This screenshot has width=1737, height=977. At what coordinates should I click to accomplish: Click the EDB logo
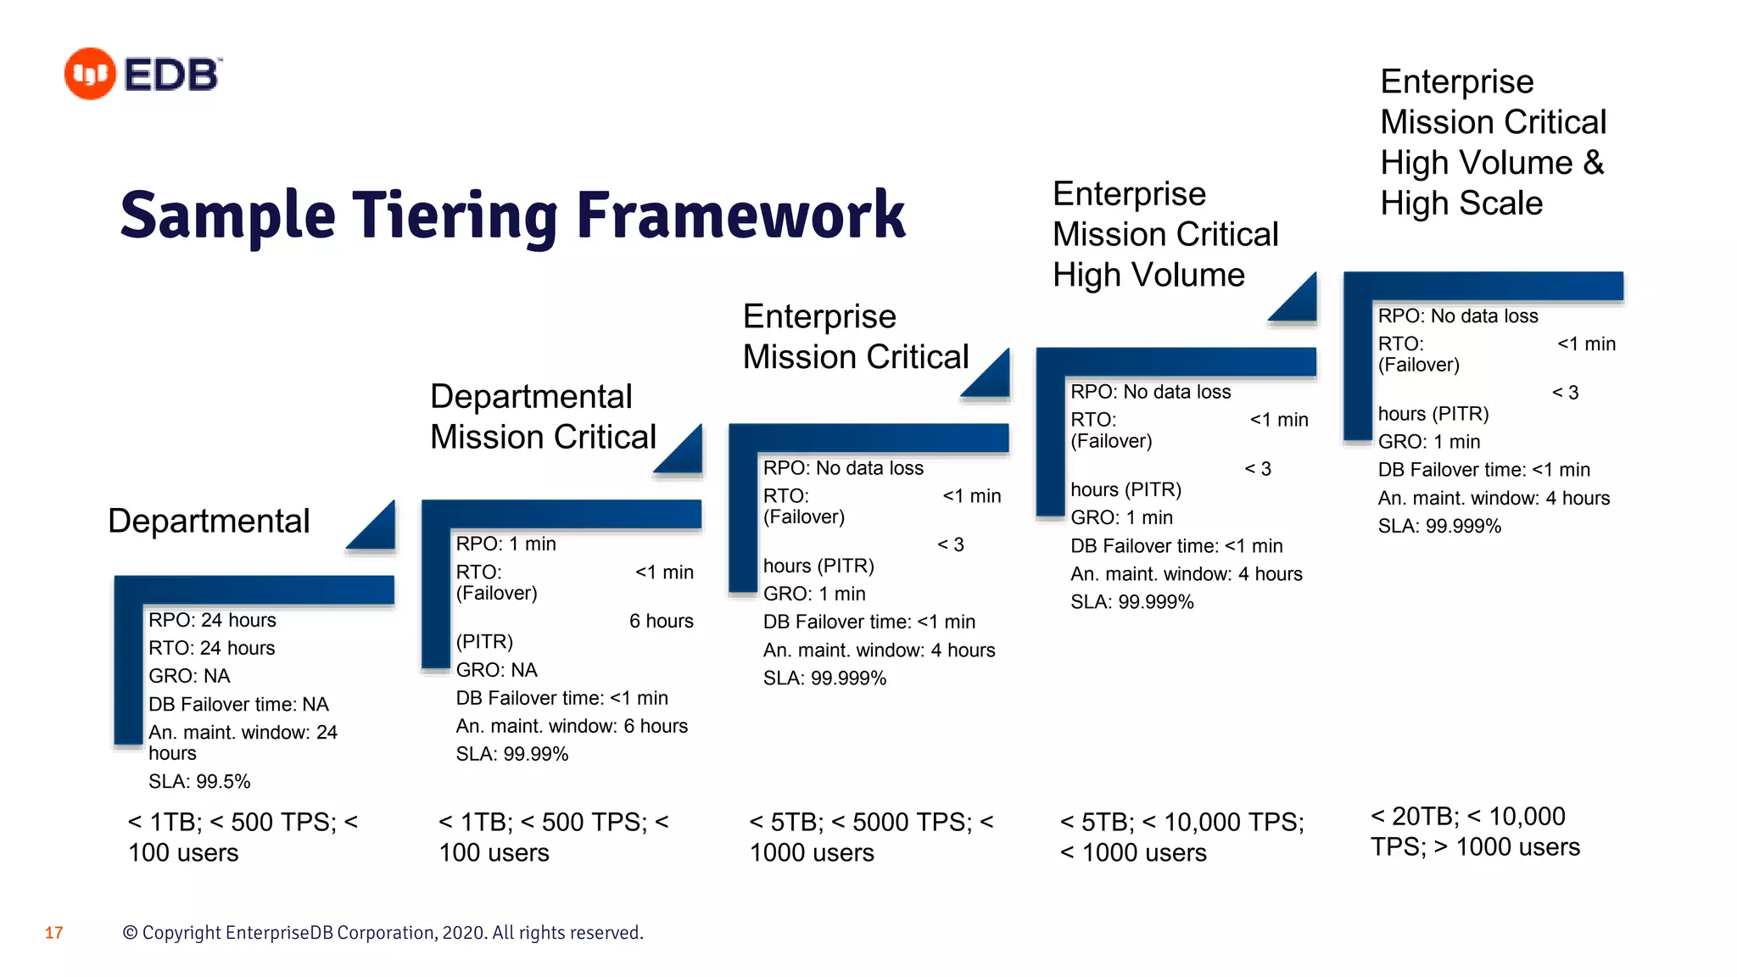pyautogui.click(x=142, y=74)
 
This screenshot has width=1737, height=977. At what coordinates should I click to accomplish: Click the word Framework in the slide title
pyautogui.click(x=740, y=215)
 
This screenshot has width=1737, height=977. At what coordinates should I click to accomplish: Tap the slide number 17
pyautogui.click(x=53, y=933)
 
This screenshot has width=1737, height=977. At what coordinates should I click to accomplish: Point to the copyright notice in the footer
pyautogui.click(x=383, y=933)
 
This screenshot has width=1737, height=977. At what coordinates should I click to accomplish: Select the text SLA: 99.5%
pyautogui.click(x=199, y=781)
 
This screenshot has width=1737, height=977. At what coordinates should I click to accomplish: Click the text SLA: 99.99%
pyautogui.click(x=511, y=754)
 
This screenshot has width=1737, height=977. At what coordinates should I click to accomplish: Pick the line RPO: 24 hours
pyautogui.click(x=212, y=620)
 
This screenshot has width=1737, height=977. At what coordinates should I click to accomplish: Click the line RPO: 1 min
pyautogui.click(x=505, y=544)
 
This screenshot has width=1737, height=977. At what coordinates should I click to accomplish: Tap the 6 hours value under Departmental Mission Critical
pyautogui.click(x=661, y=621)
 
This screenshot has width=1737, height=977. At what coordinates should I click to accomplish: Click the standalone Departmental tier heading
pyautogui.click(x=209, y=521)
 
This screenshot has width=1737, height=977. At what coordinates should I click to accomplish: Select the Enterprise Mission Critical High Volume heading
pyautogui.click(x=1165, y=234)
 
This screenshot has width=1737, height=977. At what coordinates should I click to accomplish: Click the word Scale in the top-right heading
pyautogui.click(x=1501, y=204)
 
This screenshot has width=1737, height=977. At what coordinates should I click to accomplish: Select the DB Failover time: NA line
pyautogui.click(x=238, y=704)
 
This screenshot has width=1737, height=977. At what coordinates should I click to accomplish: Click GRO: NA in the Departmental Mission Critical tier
pyautogui.click(x=496, y=670)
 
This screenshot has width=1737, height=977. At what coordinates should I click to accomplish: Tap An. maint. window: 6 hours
pyautogui.click(x=572, y=726)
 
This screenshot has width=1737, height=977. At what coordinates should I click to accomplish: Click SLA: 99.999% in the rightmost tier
pyautogui.click(x=1438, y=526)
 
